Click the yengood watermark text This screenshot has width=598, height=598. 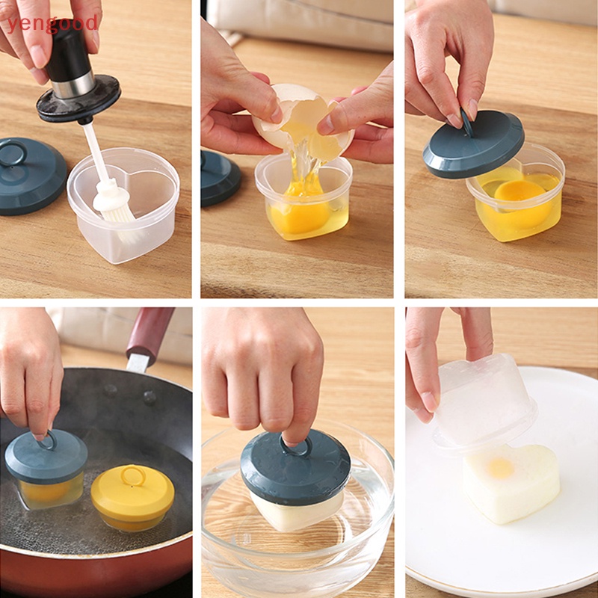(x=52, y=23)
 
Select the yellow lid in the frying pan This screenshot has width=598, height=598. (x=133, y=493)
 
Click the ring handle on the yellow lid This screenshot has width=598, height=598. (x=133, y=475)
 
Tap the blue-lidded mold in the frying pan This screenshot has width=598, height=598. (x=46, y=467)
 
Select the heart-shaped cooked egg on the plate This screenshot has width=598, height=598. (x=512, y=482)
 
